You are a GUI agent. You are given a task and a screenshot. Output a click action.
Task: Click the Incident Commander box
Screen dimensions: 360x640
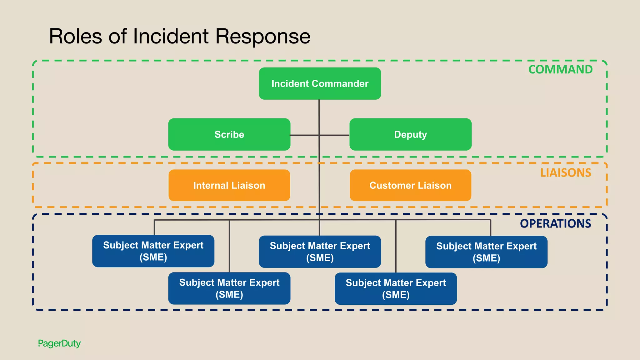pyautogui.click(x=320, y=83)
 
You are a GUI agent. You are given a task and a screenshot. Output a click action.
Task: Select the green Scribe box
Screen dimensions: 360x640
pyautogui.click(x=229, y=134)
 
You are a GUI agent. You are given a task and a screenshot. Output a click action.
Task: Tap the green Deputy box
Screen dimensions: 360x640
pyautogui.click(x=410, y=134)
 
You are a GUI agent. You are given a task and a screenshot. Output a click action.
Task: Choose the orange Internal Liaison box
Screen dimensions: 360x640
pyautogui.click(x=229, y=185)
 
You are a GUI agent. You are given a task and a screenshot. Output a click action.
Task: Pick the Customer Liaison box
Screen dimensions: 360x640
pyautogui.click(x=410, y=185)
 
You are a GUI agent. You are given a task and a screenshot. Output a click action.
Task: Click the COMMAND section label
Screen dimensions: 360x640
pyautogui.click(x=560, y=69)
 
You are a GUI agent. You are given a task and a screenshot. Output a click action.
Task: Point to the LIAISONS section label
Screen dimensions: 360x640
pyautogui.click(x=566, y=172)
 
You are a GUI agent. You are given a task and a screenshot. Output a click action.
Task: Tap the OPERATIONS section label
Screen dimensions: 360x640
pyautogui.click(x=555, y=223)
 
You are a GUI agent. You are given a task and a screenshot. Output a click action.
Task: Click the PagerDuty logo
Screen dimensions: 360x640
pyautogui.click(x=59, y=343)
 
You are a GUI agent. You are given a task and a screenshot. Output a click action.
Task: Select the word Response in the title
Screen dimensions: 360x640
pyautogui.click(x=263, y=36)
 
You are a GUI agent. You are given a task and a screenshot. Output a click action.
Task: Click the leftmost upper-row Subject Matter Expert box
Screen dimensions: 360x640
pyautogui.click(x=153, y=251)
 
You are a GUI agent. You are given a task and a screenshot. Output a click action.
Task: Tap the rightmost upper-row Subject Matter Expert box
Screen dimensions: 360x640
pyautogui.click(x=486, y=252)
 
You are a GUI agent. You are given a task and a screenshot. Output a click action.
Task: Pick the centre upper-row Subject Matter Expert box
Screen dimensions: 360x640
pyautogui.click(x=320, y=252)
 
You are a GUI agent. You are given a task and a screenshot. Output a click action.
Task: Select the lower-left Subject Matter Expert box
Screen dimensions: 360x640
pyautogui.click(x=229, y=288)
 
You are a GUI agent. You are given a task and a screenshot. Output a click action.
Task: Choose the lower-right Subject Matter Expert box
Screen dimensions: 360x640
pyautogui.click(x=396, y=288)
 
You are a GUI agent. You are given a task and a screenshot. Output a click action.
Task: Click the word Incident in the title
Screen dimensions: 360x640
pyautogui.click(x=171, y=36)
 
